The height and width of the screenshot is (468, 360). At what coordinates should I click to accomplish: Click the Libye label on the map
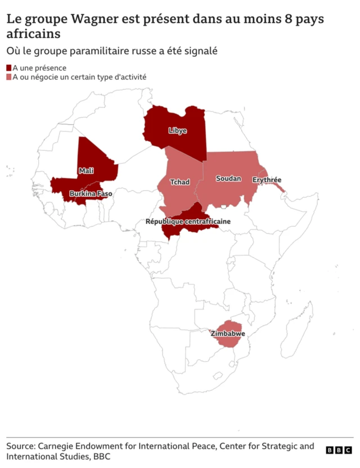(x=177, y=130)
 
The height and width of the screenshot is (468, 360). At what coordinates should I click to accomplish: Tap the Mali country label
(x=86, y=170)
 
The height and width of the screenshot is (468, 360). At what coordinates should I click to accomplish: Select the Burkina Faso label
(x=91, y=194)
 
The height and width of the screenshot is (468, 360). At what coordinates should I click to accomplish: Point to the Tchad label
(x=179, y=182)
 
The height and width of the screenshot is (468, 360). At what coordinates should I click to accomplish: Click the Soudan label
(x=228, y=179)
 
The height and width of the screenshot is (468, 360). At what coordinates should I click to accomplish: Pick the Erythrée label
(x=267, y=180)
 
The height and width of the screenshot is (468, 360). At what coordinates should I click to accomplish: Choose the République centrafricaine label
(x=188, y=222)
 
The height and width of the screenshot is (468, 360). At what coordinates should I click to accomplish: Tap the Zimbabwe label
(x=228, y=334)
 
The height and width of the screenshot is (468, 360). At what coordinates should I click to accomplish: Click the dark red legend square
(x=9, y=68)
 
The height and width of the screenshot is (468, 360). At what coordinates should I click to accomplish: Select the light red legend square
(x=9, y=77)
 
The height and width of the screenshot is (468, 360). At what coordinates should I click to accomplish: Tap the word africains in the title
(x=33, y=34)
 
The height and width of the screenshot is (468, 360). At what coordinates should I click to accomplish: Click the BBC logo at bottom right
(x=339, y=450)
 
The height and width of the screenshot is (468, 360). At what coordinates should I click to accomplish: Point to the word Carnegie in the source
(x=61, y=446)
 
